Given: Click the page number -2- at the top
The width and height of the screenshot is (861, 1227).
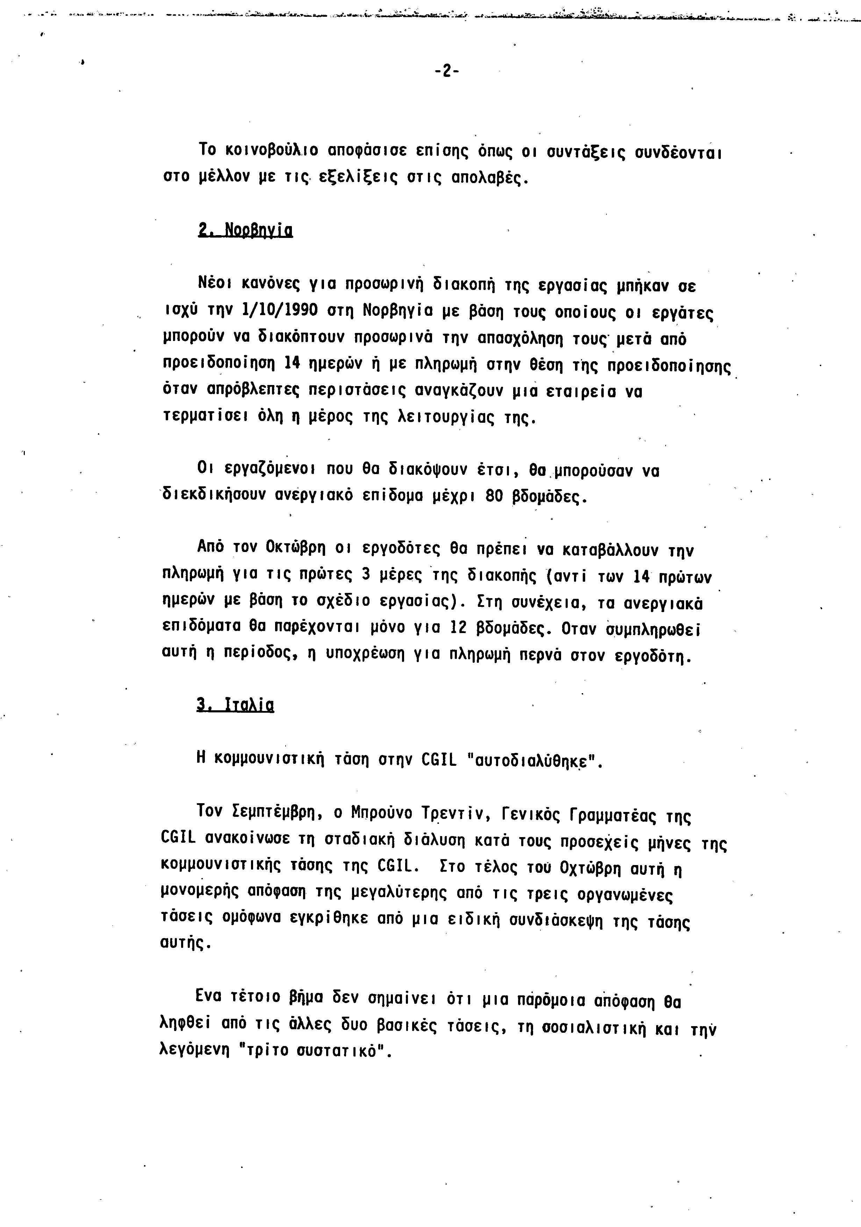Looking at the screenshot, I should [446, 71].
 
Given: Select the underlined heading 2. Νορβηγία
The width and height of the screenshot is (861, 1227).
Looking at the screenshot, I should [245, 230].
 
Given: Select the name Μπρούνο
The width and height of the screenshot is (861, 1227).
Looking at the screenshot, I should [381, 813].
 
